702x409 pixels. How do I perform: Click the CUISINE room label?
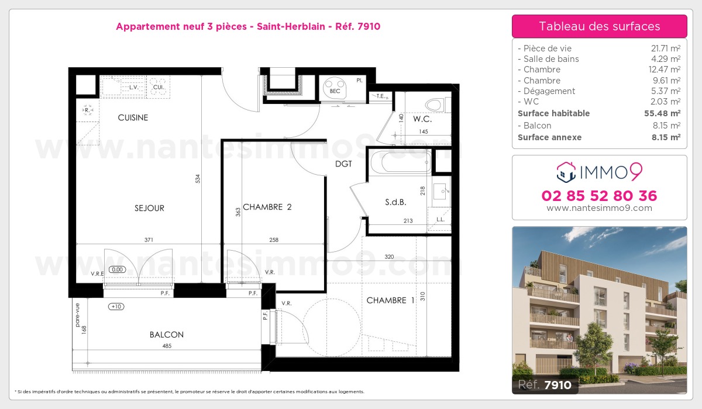(133, 117)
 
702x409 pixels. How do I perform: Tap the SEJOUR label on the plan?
(149, 208)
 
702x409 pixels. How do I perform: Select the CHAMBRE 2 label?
(267, 207)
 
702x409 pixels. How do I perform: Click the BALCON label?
(167, 335)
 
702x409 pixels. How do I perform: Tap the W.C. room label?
(422, 119)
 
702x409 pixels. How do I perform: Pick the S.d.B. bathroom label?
(395, 202)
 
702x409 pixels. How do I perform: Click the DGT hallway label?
(344, 164)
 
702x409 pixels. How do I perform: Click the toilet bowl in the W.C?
(433, 105)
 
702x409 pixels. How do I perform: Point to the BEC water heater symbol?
(335, 88)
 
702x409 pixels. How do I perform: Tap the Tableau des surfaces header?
(600, 26)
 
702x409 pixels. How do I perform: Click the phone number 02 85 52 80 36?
(600, 196)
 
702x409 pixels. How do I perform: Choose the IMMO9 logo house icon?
(565, 172)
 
